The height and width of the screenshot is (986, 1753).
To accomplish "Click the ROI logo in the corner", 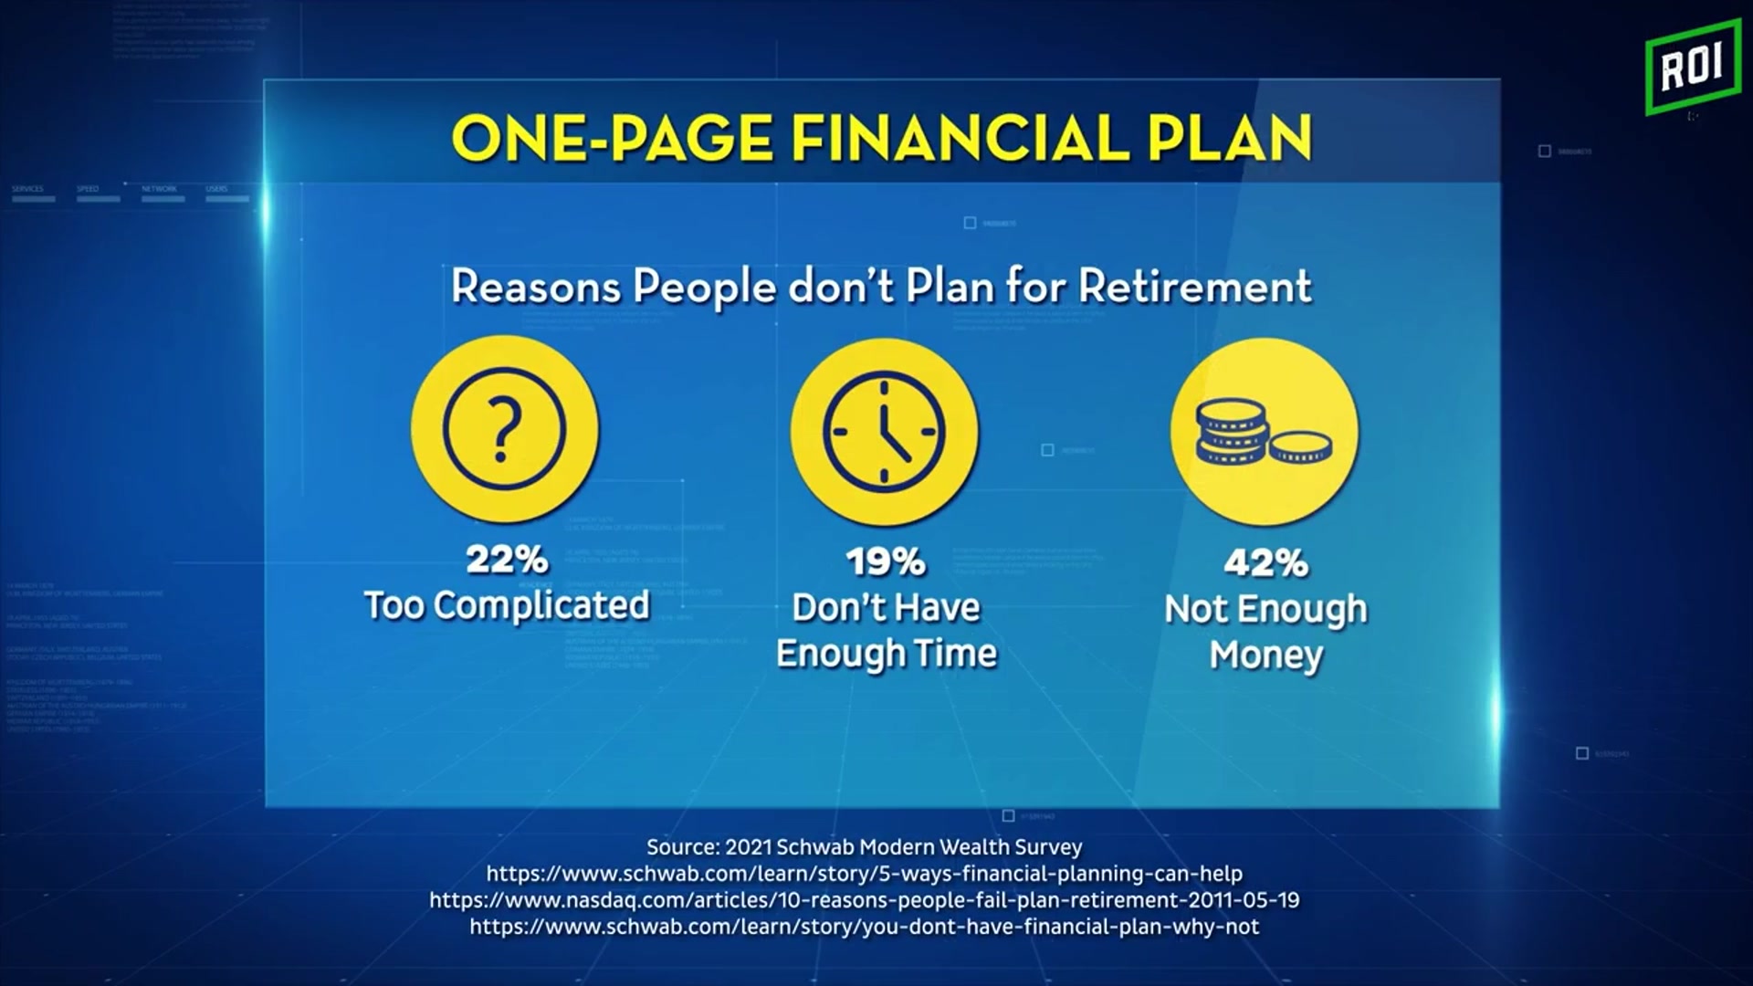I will click(x=1692, y=67).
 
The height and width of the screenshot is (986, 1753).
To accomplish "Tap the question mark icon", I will click(x=505, y=430).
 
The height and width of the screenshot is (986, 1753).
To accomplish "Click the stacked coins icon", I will click(x=1264, y=431).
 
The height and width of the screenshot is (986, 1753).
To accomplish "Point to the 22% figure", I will click(x=507, y=559).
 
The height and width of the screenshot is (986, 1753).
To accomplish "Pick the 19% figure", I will click(x=886, y=561).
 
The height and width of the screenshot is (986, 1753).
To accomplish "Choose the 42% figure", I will click(x=1265, y=562).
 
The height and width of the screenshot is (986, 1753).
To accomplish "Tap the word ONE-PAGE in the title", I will click(x=613, y=139).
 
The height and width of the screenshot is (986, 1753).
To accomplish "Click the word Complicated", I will click(x=541, y=605).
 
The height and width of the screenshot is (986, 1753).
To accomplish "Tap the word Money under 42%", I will click(x=1265, y=655).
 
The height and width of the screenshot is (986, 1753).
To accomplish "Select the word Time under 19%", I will click(x=957, y=654).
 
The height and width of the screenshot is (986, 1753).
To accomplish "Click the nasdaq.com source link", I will click(x=864, y=900).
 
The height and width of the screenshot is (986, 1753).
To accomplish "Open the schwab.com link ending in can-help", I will click(x=864, y=874).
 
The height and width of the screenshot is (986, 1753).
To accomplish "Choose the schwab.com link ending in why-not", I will click(x=864, y=927).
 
